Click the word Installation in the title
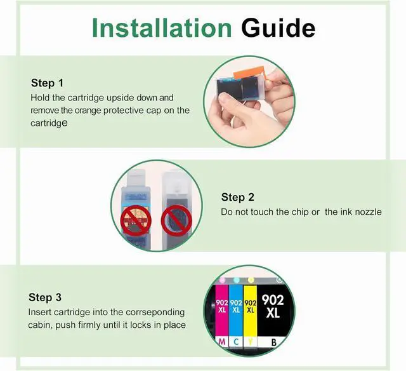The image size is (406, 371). [162, 27]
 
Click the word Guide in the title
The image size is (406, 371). [278, 27]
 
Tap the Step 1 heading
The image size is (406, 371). [47, 83]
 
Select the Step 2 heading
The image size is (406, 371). [238, 197]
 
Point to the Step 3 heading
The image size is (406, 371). [45, 297]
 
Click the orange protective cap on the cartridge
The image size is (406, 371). [249, 72]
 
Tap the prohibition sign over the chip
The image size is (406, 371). [136, 220]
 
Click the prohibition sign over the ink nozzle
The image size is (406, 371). [176, 220]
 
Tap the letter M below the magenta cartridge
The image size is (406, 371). [222, 342]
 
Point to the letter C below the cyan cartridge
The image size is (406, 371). [236, 342]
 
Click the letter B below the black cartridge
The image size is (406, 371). [273, 342]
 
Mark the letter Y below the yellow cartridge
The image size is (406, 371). [250, 342]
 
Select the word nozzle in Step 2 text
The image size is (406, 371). [368, 212]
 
